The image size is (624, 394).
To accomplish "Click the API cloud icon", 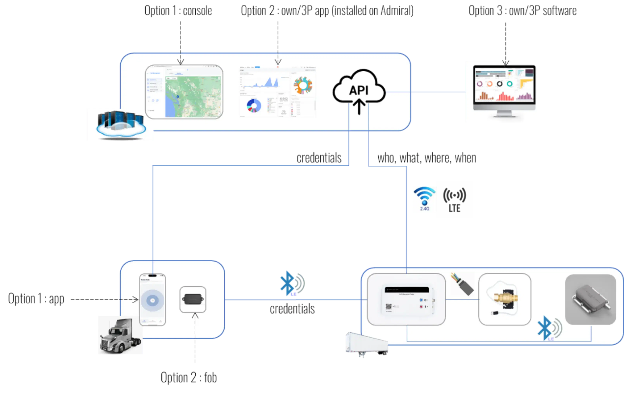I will (359, 87).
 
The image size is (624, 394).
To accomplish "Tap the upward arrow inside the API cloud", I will (359, 106).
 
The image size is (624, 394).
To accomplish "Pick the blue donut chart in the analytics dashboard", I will (254, 106).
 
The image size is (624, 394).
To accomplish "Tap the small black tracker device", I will (193, 299).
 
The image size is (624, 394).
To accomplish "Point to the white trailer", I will (366, 344).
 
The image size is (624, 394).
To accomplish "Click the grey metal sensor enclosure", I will (591, 299).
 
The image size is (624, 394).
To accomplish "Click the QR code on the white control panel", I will (389, 307).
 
